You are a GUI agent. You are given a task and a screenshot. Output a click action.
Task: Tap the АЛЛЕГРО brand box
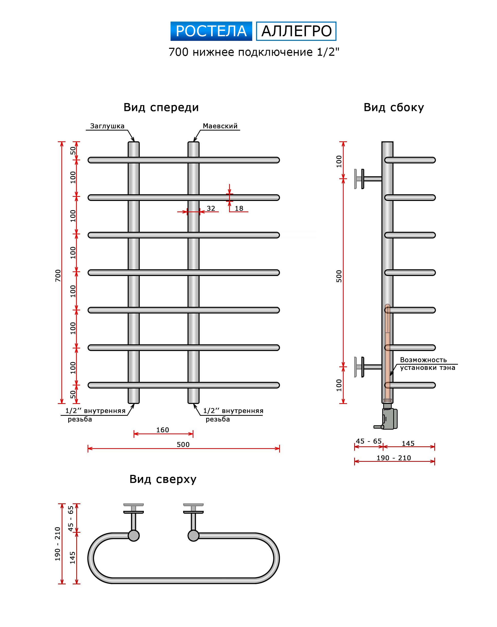pos(296,31)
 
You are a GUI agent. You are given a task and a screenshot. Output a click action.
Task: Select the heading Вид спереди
pos(161,107)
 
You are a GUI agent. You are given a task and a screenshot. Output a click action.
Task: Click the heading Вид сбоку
pos(393,107)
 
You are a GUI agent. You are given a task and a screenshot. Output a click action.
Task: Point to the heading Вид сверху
pos(163,479)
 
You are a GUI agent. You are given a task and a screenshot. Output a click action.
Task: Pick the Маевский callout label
pos(220,126)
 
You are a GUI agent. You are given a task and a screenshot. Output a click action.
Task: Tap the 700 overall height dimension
pos(58,275)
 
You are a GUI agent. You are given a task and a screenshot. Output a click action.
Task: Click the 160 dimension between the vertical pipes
pos(163,430)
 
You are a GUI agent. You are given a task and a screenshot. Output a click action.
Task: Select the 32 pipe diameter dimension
pos(211,208)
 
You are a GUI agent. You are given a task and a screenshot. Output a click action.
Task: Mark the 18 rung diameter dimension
pos(239,208)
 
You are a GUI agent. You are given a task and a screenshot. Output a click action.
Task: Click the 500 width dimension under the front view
pos(183,444)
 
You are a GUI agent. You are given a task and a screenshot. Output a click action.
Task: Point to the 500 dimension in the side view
pos(339,276)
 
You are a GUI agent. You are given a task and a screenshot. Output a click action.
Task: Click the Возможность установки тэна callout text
pos(427,364)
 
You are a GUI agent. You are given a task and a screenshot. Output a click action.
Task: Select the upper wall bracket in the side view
pos(368,179)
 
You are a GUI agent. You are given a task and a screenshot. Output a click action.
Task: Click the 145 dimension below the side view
pos(408,444)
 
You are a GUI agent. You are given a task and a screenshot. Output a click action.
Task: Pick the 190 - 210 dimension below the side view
pos(393,458)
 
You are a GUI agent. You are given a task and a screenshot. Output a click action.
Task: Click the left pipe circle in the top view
pos(134,536)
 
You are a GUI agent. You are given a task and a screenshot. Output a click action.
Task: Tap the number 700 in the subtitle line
pos(179,52)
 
